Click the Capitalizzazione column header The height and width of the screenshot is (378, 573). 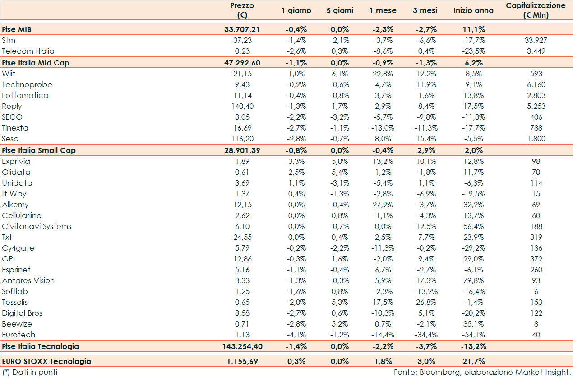[536, 10]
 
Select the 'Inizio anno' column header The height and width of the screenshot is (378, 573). [473, 10]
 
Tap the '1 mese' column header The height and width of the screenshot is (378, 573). [383, 10]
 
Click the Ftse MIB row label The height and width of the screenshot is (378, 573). [16, 29]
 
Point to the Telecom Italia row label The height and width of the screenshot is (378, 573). [28, 51]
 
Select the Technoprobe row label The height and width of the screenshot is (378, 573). [27, 84]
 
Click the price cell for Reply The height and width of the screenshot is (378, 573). [242, 106]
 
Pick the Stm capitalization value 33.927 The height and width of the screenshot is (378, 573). [536, 40]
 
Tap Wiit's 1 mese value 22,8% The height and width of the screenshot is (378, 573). [383, 74]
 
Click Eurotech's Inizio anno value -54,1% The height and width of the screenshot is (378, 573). [473, 335]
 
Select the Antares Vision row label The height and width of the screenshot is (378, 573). [28, 280]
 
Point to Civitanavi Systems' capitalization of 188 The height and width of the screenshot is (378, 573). [536, 226]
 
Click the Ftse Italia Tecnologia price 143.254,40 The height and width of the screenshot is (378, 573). [242, 346]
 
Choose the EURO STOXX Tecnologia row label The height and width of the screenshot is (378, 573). [46, 361]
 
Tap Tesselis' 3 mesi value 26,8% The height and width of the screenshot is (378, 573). [425, 302]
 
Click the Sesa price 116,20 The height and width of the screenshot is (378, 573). [242, 139]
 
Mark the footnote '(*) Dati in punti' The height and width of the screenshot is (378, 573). [30, 372]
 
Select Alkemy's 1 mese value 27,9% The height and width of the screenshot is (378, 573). [383, 205]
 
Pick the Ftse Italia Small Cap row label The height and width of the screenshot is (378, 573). [39, 150]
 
